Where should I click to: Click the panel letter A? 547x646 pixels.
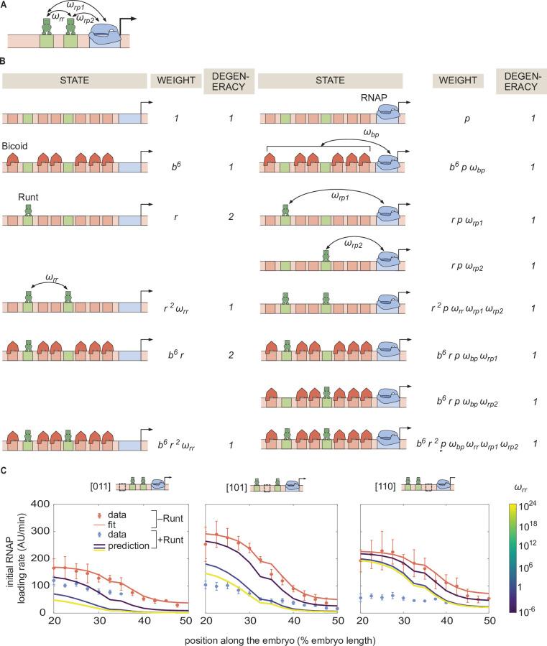pos(5,5)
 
